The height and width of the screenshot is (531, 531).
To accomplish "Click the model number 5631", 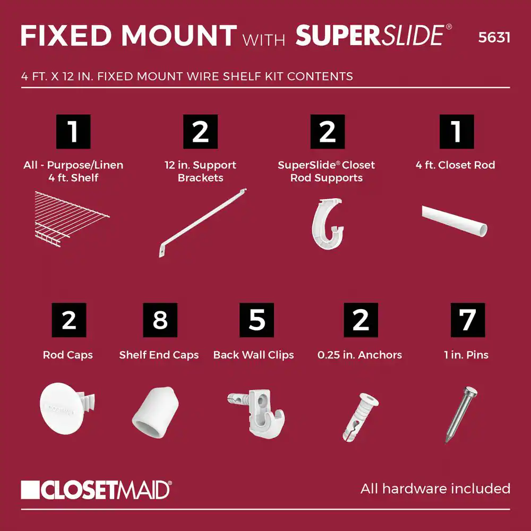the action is (x=494, y=37).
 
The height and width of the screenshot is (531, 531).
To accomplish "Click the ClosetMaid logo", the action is (x=96, y=490).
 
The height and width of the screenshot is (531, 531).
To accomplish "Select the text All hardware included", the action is (x=435, y=489).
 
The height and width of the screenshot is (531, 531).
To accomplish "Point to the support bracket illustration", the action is (x=202, y=222).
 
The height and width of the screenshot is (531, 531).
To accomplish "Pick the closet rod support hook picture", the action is (x=327, y=224).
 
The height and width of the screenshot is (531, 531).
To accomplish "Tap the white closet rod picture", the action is (x=455, y=220).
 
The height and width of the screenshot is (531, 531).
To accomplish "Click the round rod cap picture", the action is (x=67, y=408).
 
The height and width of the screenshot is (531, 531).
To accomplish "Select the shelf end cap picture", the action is (x=155, y=412).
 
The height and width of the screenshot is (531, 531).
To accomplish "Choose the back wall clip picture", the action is (x=256, y=414).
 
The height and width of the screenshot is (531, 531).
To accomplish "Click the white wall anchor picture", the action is (x=360, y=417).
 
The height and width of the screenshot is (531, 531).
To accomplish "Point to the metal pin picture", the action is (x=461, y=414).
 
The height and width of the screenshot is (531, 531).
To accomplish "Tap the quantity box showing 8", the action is (x=160, y=320).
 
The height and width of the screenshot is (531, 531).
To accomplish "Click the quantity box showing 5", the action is (x=256, y=320).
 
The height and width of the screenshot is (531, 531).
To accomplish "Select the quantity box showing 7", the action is (x=468, y=320).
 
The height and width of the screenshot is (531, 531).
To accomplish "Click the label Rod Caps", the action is (x=68, y=355).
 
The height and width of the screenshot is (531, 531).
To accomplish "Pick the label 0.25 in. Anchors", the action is (x=359, y=355).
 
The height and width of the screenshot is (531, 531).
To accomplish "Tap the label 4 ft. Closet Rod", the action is (x=455, y=165).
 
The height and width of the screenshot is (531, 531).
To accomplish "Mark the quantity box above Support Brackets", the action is (x=201, y=132).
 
